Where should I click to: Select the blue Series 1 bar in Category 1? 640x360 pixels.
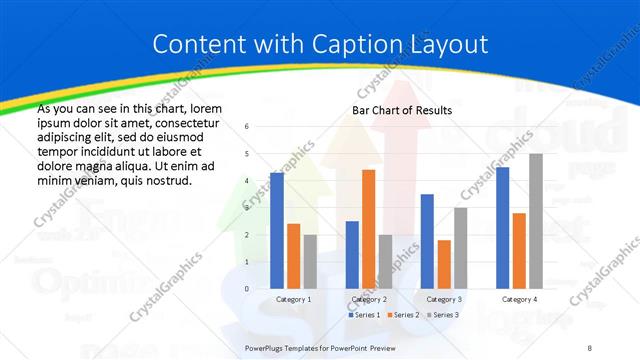(276, 230)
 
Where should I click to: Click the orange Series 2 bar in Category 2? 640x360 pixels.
(368, 229)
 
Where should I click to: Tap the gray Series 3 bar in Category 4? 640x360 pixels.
(536, 221)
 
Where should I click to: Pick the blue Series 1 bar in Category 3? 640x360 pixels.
(427, 241)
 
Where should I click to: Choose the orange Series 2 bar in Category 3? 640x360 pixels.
(444, 264)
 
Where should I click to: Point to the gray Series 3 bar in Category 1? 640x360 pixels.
(310, 261)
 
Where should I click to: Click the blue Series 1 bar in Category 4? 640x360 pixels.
(502, 227)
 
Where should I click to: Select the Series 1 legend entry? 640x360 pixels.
(364, 315)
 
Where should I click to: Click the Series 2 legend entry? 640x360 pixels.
(403, 315)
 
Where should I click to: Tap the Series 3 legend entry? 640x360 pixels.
(442, 315)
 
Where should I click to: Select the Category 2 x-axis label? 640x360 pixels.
(368, 299)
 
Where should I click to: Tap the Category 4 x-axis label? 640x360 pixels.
(519, 299)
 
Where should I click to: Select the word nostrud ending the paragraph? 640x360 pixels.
(159, 179)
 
